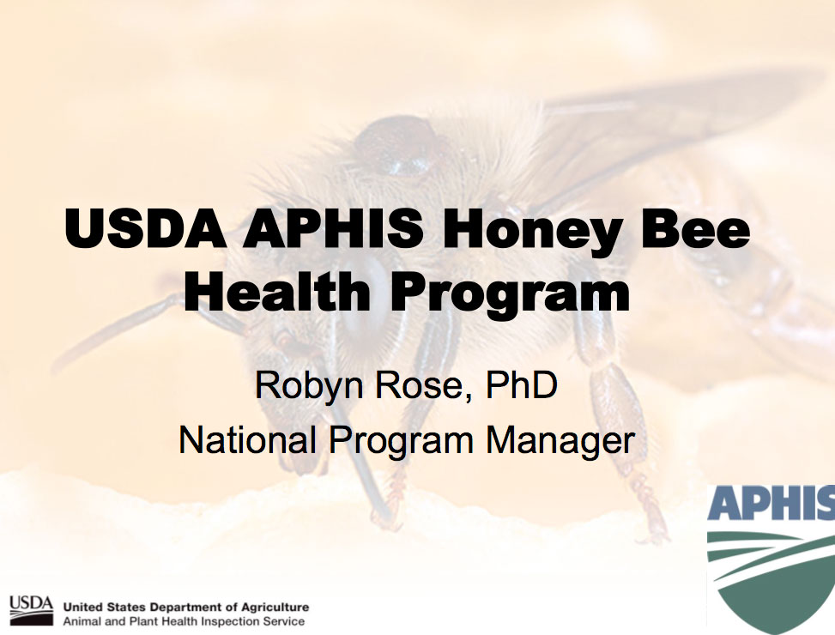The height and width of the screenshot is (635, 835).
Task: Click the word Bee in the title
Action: point(697,227)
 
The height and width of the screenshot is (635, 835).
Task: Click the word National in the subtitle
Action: point(248,440)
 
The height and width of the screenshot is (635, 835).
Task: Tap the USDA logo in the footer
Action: point(32,610)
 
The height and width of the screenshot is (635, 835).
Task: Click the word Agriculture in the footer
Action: point(275,608)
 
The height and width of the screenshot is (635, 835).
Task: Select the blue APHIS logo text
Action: point(771,503)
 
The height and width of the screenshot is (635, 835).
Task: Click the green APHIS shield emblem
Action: point(771,582)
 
